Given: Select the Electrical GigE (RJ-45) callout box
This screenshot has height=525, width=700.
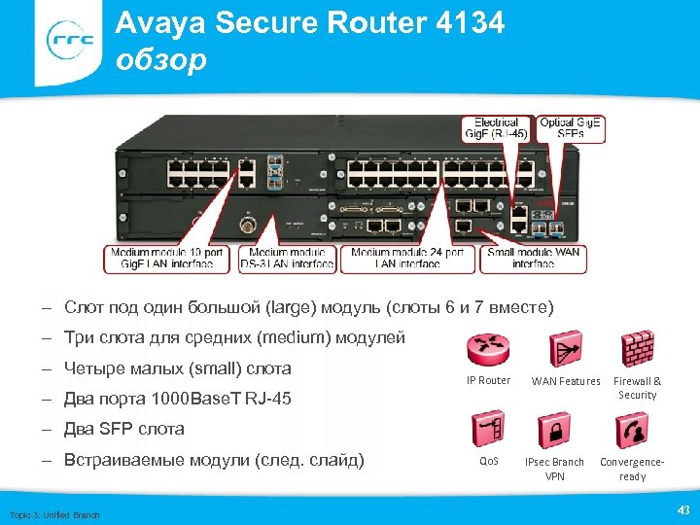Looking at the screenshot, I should tap(497, 128).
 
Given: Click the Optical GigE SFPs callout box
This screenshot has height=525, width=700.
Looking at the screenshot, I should tap(571, 128).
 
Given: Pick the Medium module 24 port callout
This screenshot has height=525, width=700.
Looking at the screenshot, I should tap(408, 258).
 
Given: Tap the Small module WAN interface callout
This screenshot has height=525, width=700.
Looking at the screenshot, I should tap(534, 258).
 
